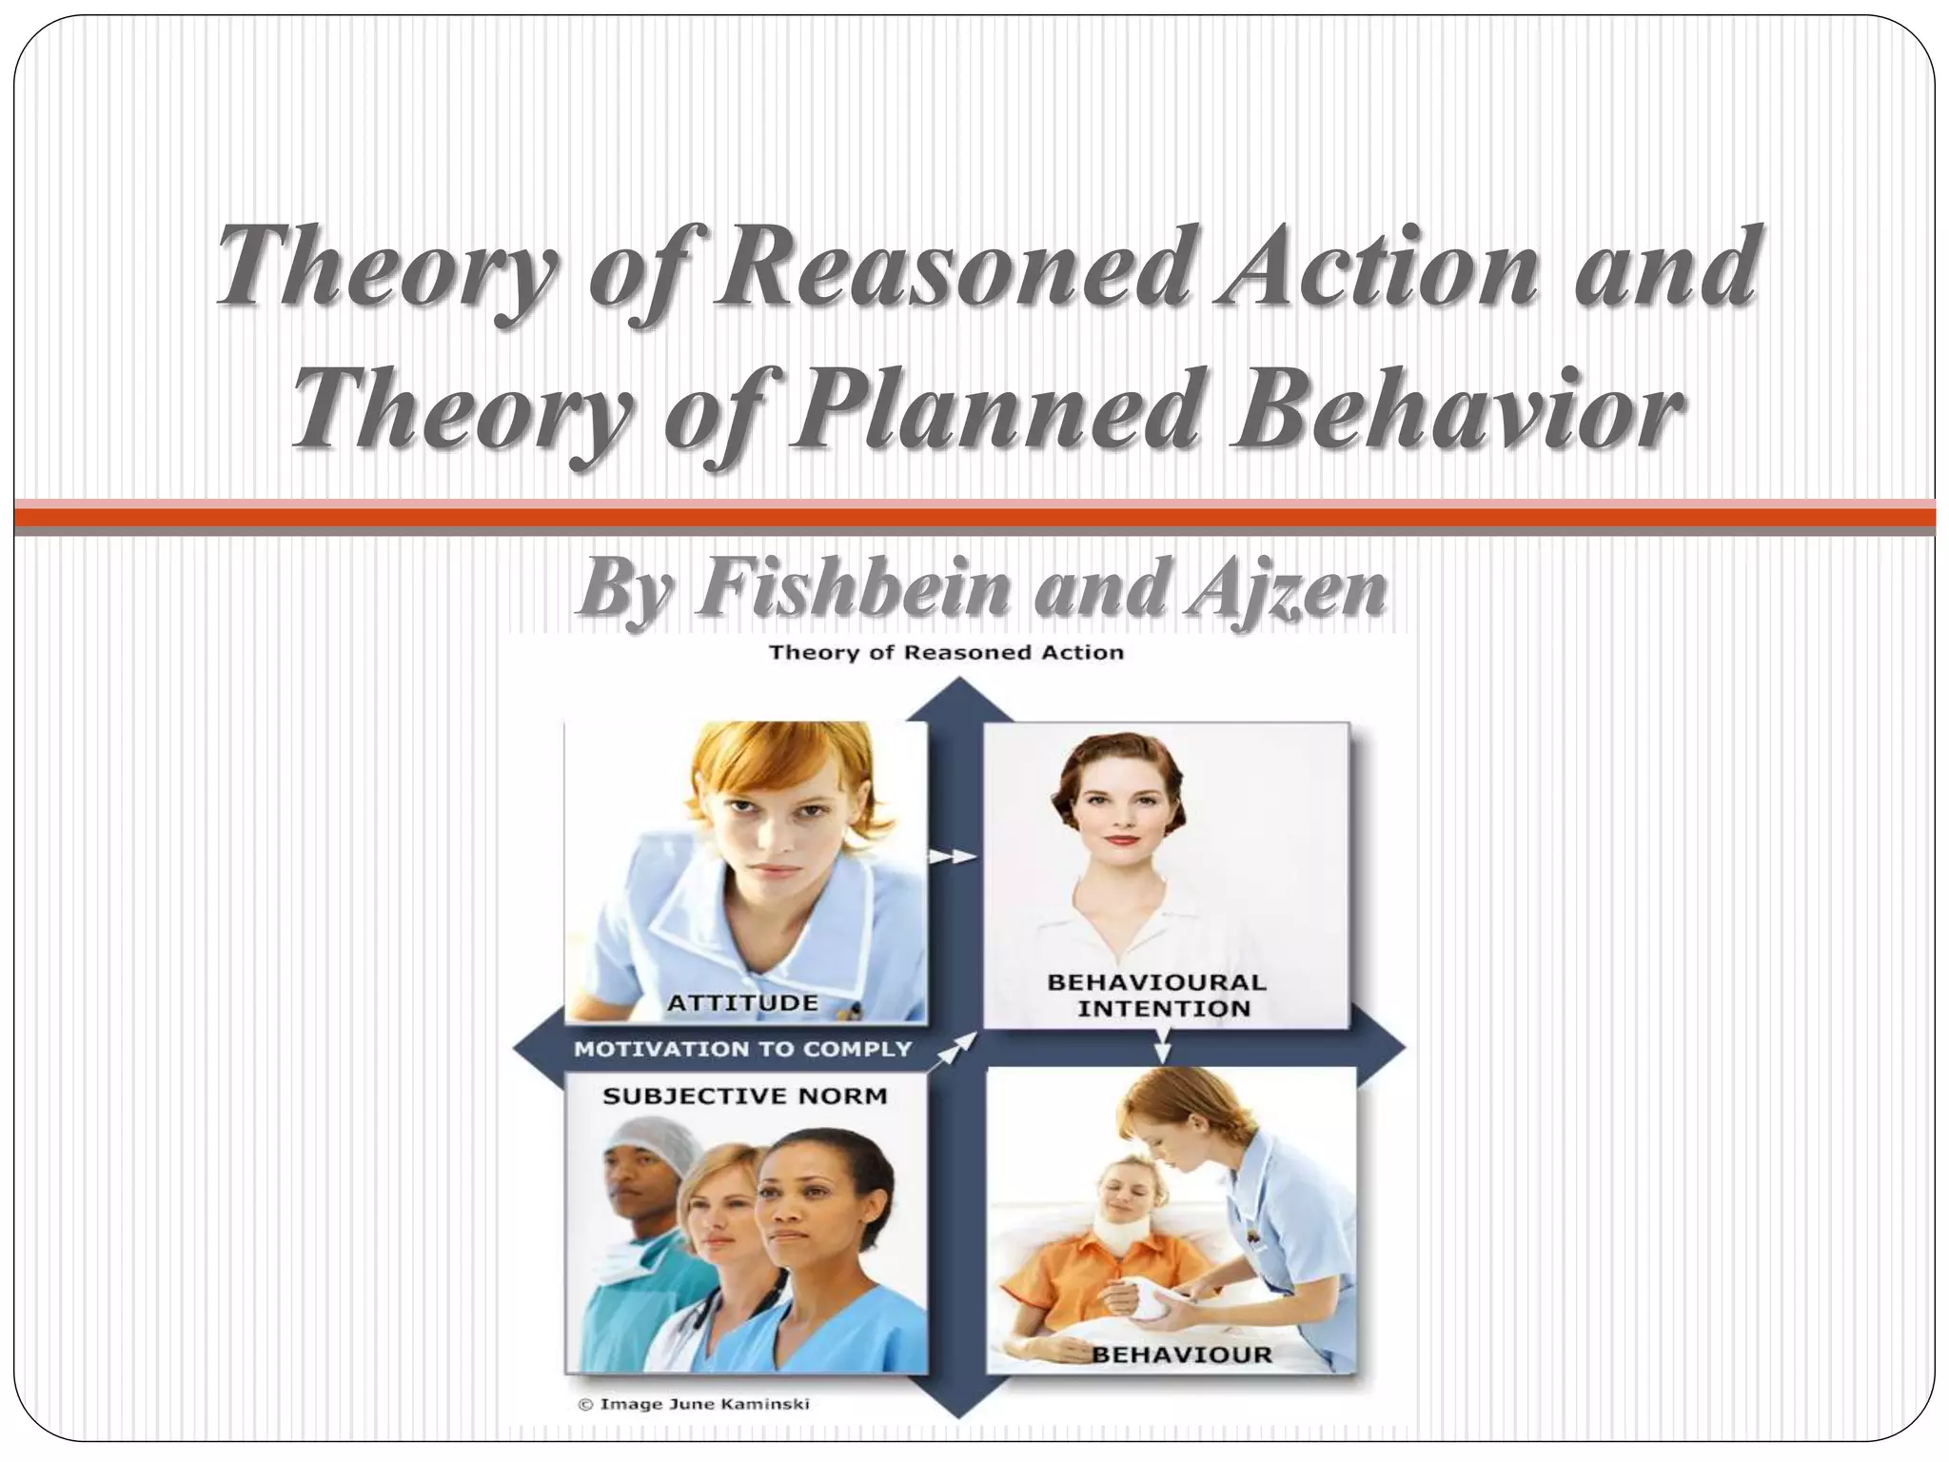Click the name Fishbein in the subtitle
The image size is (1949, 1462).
(x=856, y=587)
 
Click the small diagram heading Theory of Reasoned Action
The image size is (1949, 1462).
(x=946, y=653)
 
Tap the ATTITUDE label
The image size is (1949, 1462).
(x=742, y=1002)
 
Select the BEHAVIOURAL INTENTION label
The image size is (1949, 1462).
(x=1157, y=995)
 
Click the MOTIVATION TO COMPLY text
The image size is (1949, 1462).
(x=742, y=1049)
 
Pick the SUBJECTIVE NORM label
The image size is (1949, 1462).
(x=744, y=1096)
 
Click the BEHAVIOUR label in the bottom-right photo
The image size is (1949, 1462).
(x=1180, y=1353)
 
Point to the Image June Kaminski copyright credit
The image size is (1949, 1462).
(x=695, y=1404)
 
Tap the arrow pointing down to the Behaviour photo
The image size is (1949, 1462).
(x=1163, y=1049)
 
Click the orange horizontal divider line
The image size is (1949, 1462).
(x=974, y=517)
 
